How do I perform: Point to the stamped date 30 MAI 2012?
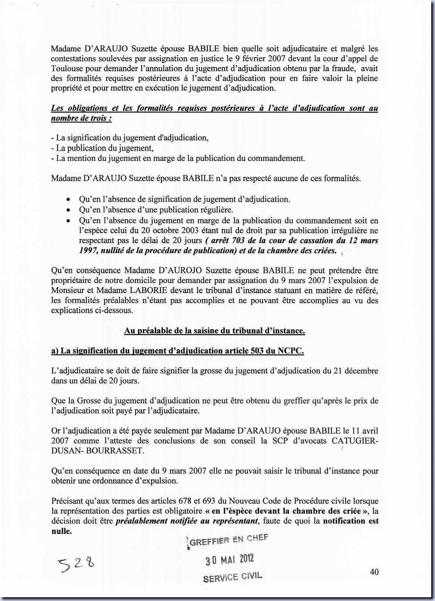tap(230, 559)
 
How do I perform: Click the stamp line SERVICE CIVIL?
tap(232, 577)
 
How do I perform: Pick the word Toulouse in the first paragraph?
tap(67, 68)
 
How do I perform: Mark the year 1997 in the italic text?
tap(88, 251)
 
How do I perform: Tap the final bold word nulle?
tap(61, 531)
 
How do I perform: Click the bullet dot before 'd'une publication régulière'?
tap(68, 210)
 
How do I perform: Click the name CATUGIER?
tap(354, 440)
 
